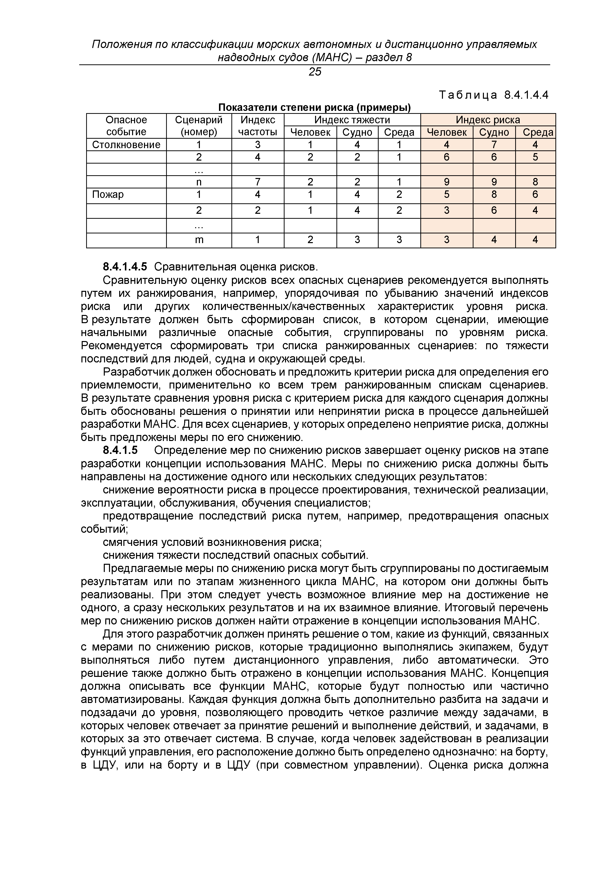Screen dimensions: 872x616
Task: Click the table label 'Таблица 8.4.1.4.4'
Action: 494,95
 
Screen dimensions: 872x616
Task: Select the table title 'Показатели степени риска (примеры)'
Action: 314,108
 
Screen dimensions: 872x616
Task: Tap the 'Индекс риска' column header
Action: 488,120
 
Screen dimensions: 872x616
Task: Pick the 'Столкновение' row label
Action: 126,145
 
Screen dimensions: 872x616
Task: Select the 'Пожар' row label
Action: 108,195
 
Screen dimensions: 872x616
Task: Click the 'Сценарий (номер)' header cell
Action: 199,126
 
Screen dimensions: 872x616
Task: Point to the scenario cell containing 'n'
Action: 199,182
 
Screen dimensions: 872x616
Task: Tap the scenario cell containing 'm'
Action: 199,240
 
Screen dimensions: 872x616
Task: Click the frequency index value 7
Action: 257,182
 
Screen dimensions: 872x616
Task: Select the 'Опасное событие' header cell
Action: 126,126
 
